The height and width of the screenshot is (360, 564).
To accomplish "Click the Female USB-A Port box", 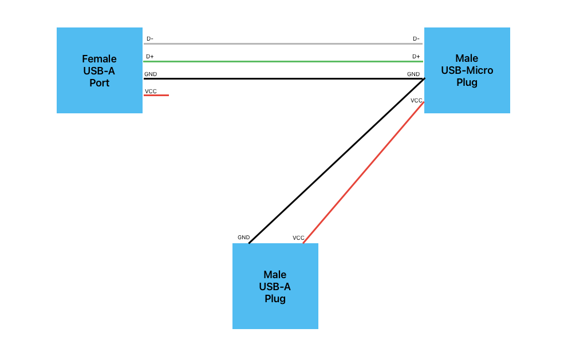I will tap(99, 70).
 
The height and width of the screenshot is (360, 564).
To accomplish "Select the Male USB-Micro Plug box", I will tap(467, 70).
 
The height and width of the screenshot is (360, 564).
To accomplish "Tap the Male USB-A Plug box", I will tap(275, 286).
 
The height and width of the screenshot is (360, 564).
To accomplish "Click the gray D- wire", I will tap(283, 43).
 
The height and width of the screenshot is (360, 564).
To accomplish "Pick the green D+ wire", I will tap(283, 61).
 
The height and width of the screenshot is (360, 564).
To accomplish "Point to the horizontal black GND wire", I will tap(283, 78).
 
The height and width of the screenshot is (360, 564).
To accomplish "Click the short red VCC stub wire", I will tap(156, 95).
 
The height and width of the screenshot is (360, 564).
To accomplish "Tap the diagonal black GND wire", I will tap(337, 161).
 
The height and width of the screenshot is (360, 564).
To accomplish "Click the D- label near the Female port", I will tap(149, 39).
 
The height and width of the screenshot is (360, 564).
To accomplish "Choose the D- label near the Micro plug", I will tap(416, 39).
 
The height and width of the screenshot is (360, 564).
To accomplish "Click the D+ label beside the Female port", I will tap(149, 57).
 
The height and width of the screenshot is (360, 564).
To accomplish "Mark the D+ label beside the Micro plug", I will tap(416, 57).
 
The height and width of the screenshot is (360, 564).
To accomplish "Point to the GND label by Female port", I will tap(150, 74).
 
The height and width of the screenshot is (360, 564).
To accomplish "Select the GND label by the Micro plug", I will tap(413, 74).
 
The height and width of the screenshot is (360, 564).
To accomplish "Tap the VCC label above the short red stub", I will tap(151, 91).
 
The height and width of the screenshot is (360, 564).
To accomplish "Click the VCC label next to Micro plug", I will tap(416, 100).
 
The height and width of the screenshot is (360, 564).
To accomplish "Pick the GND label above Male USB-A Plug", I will tap(243, 237).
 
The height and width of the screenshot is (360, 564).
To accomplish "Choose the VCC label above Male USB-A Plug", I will tap(298, 238).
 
